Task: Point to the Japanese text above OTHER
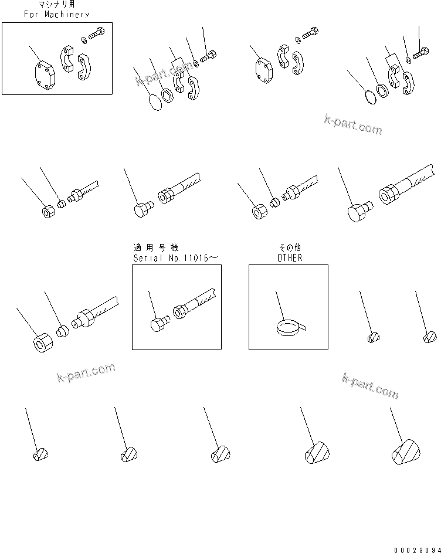pos(288,248)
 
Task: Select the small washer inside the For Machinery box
pos(84,40)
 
